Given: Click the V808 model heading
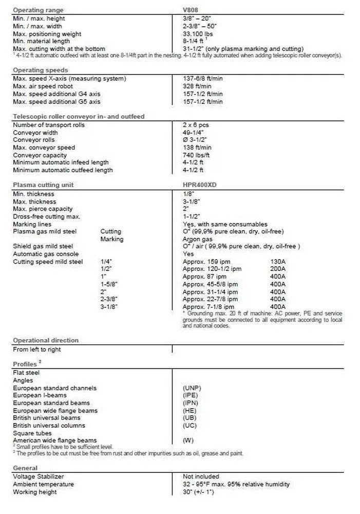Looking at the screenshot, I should pyautogui.click(x=191, y=10).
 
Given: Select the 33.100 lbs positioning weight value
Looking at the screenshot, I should pyautogui.click(x=198, y=34).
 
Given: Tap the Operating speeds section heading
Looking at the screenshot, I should pyautogui.click(x=40, y=70).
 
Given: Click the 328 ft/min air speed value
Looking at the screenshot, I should pyautogui.click(x=197, y=86).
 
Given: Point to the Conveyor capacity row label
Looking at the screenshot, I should pyautogui.click(x=40, y=155).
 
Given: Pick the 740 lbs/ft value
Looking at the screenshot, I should pyautogui.click(x=196, y=155).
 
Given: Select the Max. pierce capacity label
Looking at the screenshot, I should pyautogui.click(x=43, y=209).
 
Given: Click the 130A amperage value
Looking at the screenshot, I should pyautogui.click(x=278, y=262).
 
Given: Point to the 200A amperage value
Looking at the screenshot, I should pyautogui.click(x=278, y=269).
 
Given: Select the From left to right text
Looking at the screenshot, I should pyautogui.click(x=37, y=350).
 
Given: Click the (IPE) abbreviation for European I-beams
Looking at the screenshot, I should pyautogui.click(x=190, y=395).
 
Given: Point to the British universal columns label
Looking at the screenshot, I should pyautogui.click(x=49, y=426).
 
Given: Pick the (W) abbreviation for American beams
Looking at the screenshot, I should pyautogui.click(x=188, y=440).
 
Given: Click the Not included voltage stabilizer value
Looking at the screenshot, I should pyautogui.click(x=201, y=476).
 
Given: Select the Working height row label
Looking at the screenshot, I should pyautogui.click(x=35, y=492).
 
